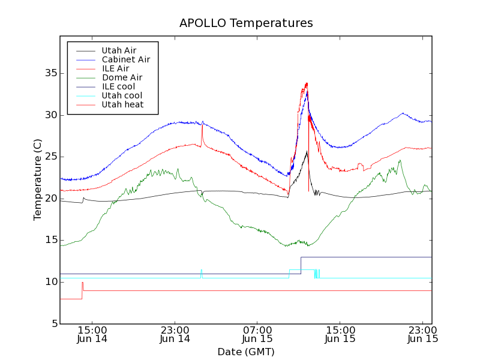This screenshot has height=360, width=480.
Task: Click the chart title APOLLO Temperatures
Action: click(x=246, y=23)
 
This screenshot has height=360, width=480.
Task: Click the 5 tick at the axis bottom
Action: click(x=53, y=324)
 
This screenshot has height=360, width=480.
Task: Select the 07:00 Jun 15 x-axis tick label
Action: click(x=257, y=334)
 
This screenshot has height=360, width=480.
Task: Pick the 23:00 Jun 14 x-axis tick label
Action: click(x=175, y=334)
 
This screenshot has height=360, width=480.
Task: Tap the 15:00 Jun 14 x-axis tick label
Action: click(x=92, y=334)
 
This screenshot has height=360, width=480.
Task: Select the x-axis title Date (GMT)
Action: click(x=246, y=352)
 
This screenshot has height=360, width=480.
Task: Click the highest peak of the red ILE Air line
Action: click(x=307, y=83)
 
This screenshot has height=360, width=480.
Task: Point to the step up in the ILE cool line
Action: click(x=301, y=265)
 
